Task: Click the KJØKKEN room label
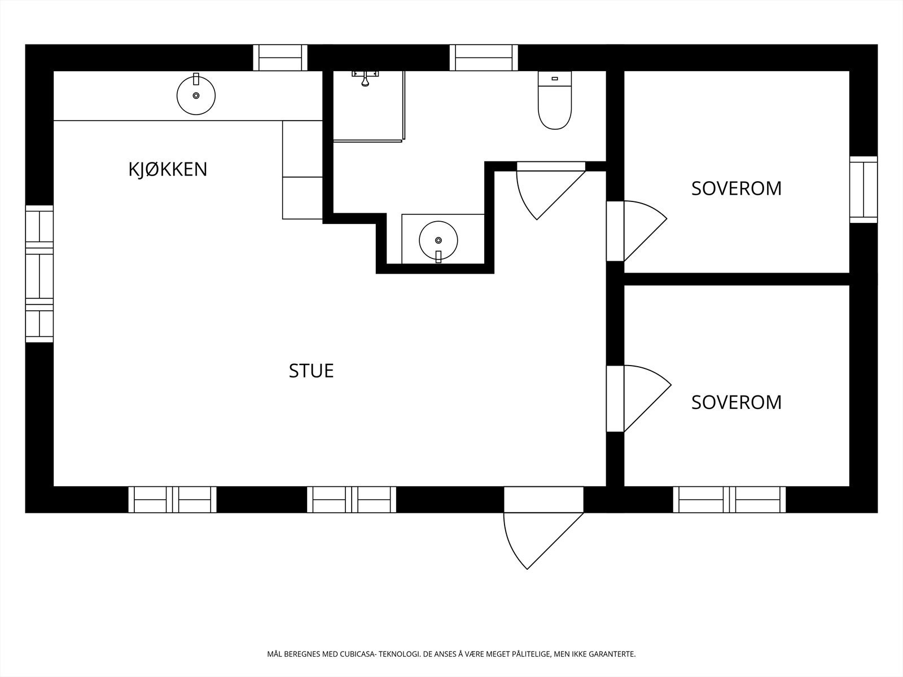[168, 169]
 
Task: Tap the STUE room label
[311, 371]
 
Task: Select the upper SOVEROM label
[737, 188]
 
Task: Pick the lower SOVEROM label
[737, 402]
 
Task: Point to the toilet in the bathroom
[555, 100]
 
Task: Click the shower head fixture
[365, 78]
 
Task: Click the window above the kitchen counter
[280, 58]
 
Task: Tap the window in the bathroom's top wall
[484, 58]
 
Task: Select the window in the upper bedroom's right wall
[864, 190]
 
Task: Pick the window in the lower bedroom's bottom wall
[729, 500]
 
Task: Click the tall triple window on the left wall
[40, 274]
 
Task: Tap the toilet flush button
[555, 78]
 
